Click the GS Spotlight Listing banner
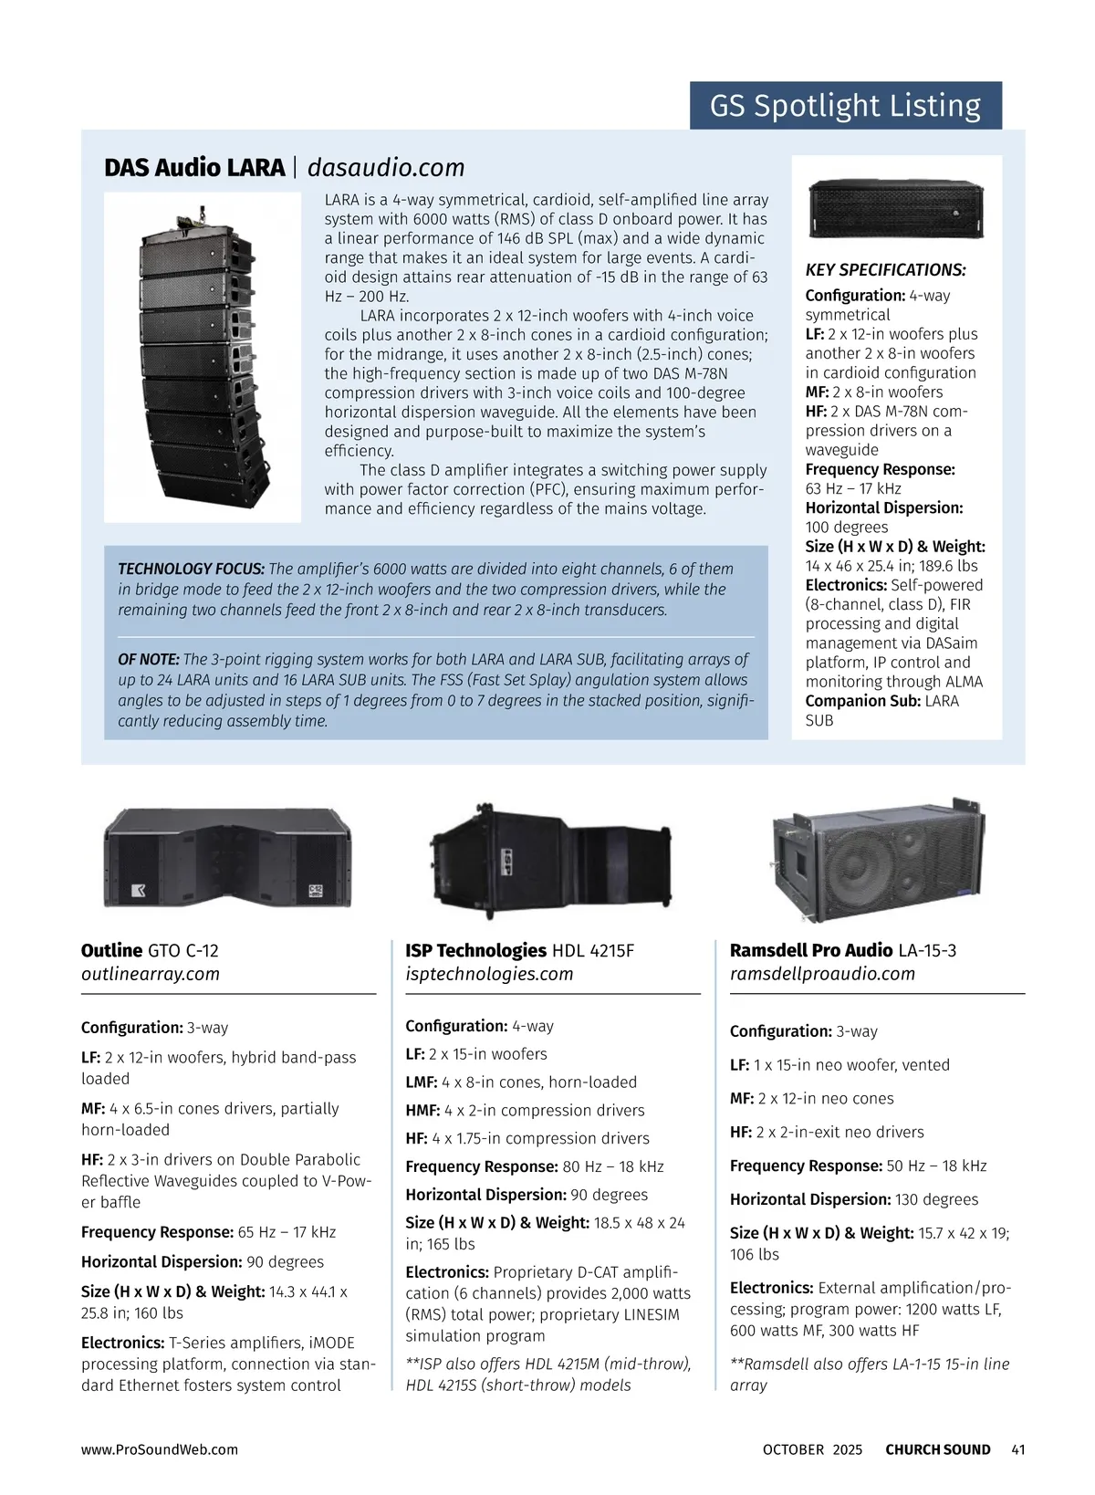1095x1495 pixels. click(846, 106)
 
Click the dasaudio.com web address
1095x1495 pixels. click(386, 168)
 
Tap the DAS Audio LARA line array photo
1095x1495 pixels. click(203, 357)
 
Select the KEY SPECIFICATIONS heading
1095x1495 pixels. click(885, 269)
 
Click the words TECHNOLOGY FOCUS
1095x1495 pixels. click(191, 569)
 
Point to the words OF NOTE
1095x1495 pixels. click(148, 659)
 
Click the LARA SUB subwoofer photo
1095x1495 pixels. click(896, 208)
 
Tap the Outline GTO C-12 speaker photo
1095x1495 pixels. click(227, 858)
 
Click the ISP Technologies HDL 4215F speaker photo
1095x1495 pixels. click(551, 862)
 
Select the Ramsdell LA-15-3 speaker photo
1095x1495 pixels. click(877, 860)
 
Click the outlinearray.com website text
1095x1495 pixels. click(151, 974)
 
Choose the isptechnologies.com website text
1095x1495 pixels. click(489, 974)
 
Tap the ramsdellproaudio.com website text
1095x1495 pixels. click(822, 974)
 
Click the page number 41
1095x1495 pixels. click(1018, 1449)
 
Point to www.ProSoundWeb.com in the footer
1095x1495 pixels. click(160, 1449)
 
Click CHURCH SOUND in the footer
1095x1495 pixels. click(937, 1449)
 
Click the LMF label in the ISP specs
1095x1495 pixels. click(421, 1082)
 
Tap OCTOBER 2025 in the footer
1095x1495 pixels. click(812, 1449)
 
